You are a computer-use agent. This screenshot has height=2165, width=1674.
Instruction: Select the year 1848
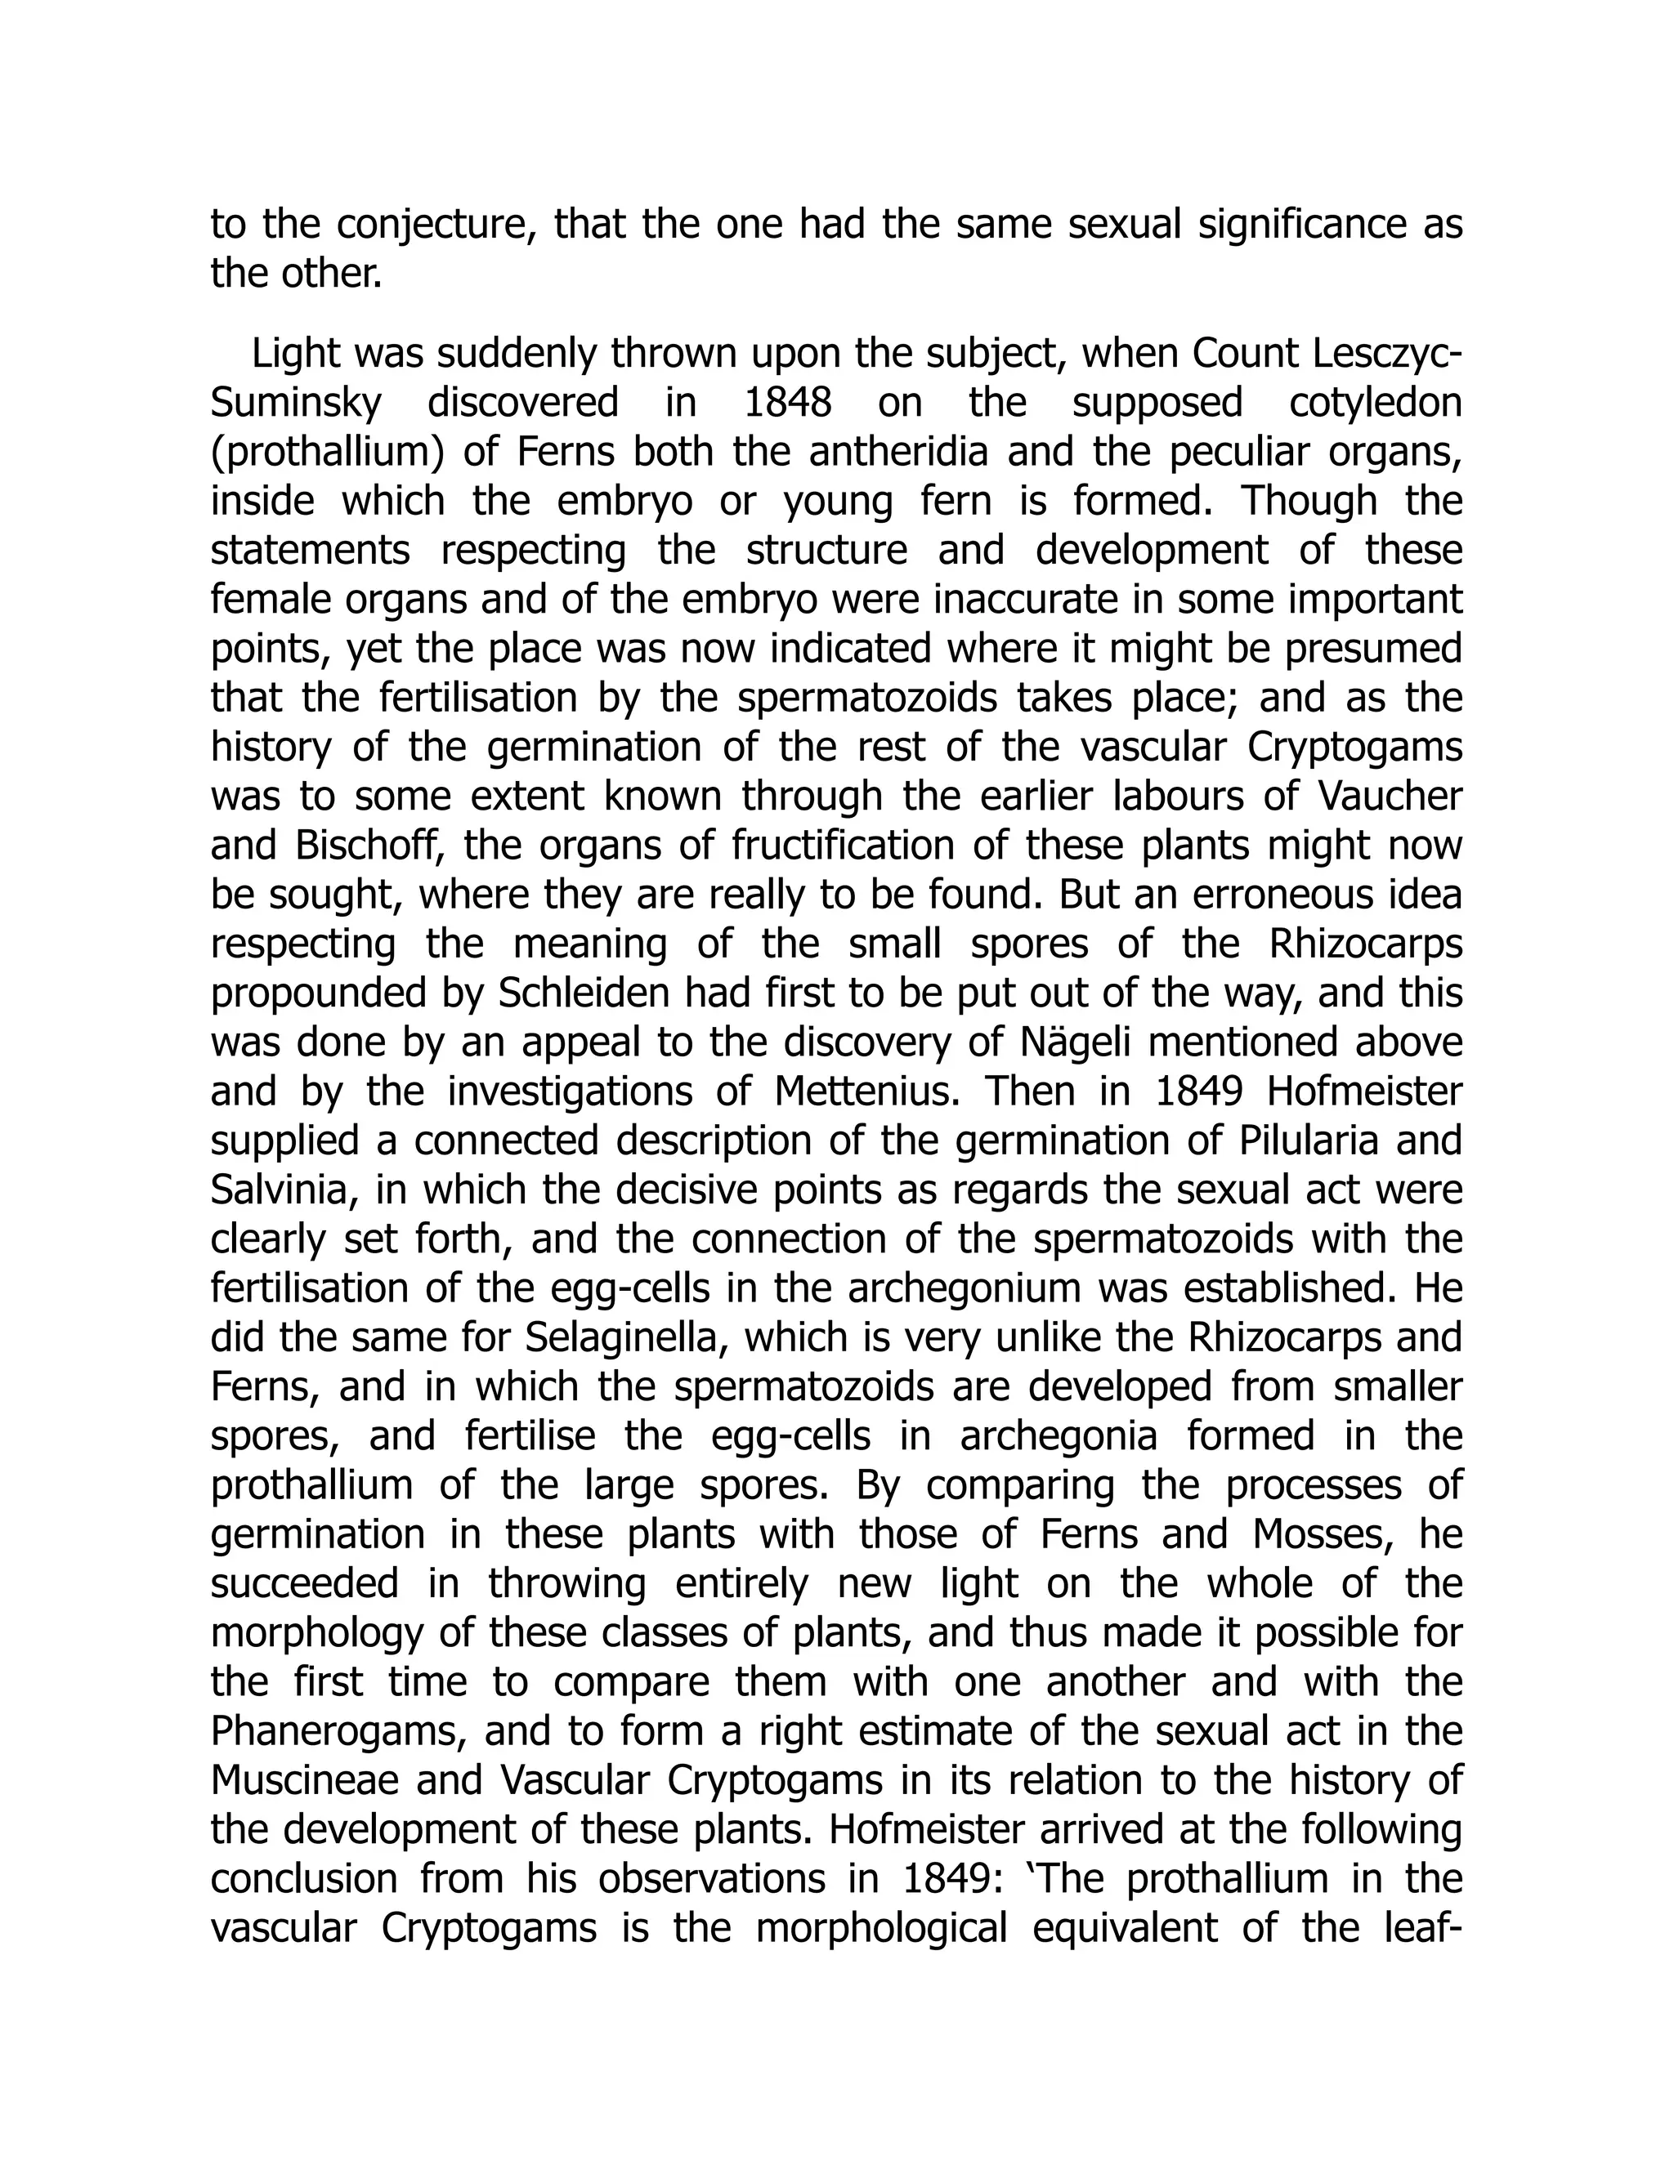[789, 404]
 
